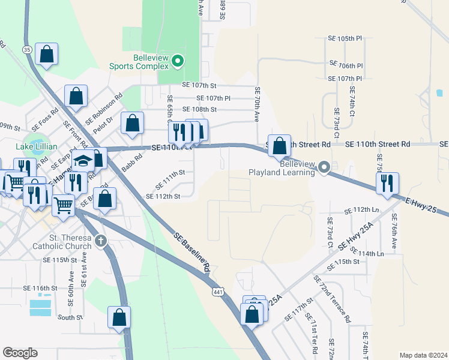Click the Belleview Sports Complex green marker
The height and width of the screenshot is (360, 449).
coord(178,61)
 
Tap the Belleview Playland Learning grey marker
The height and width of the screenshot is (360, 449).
coord(324,167)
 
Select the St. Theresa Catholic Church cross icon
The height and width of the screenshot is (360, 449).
coord(101,241)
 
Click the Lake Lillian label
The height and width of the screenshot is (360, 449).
coord(36,147)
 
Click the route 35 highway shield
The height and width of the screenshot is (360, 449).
coord(26,49)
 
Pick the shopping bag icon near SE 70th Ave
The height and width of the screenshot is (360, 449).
coord(279,145)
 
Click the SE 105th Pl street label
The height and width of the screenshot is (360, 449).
coord(351,38)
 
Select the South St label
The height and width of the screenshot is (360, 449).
coord(70,317)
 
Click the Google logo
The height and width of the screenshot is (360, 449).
coord(20,353)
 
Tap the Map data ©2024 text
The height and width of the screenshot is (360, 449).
coord(423,355)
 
